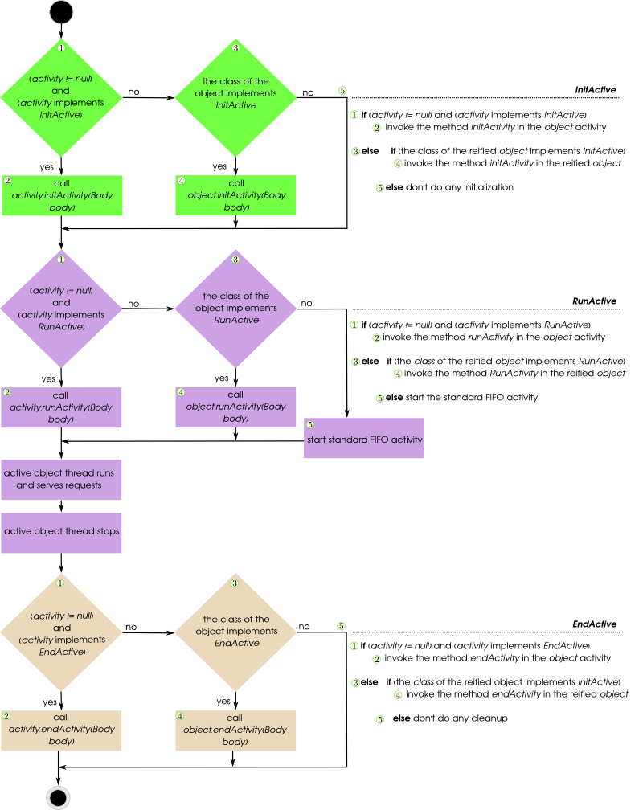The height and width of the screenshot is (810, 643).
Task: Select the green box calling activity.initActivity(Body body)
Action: (61, 195)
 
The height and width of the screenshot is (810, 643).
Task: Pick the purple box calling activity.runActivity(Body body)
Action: (61, 407)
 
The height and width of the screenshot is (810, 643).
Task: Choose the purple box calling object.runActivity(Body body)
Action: (235, 407)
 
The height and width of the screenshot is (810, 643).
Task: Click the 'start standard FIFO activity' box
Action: (364, 440)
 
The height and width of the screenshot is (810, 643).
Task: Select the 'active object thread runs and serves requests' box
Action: (61, 480)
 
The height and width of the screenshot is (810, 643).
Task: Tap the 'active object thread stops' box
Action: (61, 532)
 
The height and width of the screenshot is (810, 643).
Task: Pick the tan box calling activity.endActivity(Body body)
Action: (61, 730)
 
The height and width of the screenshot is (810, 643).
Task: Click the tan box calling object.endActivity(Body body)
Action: (235, 730)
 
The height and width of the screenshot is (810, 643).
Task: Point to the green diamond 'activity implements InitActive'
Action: (61, 97)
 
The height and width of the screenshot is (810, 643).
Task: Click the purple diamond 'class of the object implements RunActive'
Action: (235, 307)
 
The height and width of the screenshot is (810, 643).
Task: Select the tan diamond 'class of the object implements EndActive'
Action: (235, 631)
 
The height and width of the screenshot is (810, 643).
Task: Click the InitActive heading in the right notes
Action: (596, 90)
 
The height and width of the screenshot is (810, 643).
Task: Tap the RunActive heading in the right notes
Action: (595, 301)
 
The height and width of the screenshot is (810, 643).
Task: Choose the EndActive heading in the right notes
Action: (595, 624)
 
